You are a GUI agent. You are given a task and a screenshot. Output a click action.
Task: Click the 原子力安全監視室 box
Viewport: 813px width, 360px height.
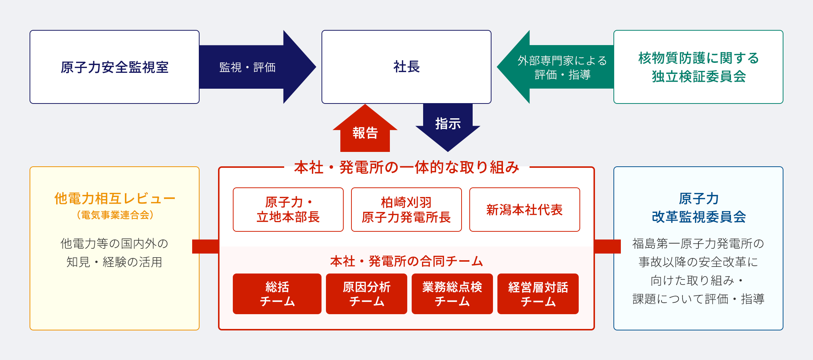pos(115,67)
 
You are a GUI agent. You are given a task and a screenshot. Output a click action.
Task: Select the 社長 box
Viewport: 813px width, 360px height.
pos(406,67)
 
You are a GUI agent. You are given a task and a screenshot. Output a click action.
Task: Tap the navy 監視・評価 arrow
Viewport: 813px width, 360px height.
pos(258,67)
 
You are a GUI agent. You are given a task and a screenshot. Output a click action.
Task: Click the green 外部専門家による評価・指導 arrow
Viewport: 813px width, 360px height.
pos(555,67)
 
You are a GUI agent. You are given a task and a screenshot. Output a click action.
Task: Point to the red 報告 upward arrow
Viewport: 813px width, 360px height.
pos(365,128)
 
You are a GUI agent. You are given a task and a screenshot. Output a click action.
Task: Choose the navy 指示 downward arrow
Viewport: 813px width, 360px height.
pos(448,128)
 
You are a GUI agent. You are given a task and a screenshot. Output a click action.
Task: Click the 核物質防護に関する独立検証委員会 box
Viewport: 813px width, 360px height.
pos(698,67)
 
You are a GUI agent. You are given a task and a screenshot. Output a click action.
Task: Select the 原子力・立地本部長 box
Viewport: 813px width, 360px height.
pos(288,210)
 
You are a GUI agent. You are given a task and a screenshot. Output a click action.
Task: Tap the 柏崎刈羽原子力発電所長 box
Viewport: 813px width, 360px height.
pos(406,210)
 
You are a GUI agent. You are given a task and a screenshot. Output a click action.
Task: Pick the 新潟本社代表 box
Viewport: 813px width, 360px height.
pos(525,210)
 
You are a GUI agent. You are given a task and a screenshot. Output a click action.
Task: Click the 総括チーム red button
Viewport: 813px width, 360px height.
pos(277,294)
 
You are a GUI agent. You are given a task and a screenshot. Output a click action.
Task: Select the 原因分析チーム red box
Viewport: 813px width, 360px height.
pos(367,294)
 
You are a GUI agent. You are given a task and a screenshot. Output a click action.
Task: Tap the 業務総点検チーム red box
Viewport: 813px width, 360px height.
pos(452,294)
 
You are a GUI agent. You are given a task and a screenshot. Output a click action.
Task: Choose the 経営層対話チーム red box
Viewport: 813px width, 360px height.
pos(538,294)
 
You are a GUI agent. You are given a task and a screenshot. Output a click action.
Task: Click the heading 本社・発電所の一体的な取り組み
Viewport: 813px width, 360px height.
pos(406,167)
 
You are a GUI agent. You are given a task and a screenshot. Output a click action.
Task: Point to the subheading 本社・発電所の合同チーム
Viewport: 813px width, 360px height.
pos(406,261)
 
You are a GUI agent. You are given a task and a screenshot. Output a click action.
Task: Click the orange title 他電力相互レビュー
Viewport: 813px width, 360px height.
pos(115,198)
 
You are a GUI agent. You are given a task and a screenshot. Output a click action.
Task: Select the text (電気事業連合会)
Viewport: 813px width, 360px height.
pos(115,215)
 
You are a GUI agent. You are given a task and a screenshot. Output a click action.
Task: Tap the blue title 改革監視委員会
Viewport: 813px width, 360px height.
pos(698,217)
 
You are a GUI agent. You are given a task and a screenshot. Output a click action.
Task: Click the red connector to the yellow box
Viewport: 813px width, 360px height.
pos(205,247)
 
